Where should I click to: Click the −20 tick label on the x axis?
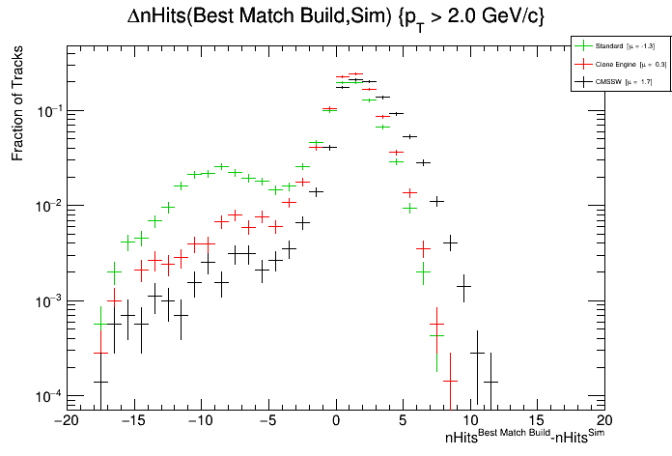[x=65, y=421]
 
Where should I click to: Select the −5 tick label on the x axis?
[x=267, y=421]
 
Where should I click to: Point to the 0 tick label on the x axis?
[x=336, y=421]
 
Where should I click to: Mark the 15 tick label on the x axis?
[x=538, y=421]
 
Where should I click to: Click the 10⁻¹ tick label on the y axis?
[x=46, y=111]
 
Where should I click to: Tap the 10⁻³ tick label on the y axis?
[x=46, y=301]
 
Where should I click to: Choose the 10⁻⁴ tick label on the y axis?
[x=46, y=396]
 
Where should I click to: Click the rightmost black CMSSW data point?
[x=490, y=382]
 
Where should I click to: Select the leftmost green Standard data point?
[x=100, y=325]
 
